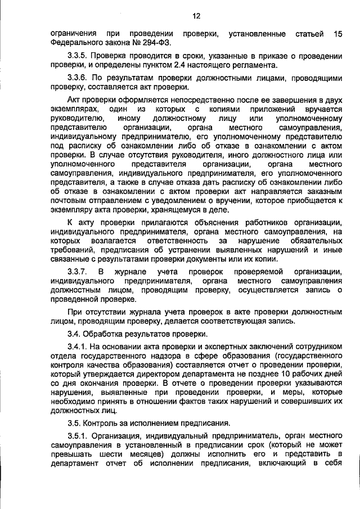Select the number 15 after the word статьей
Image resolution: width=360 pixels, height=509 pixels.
337,34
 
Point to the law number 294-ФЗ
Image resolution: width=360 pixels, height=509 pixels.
159,43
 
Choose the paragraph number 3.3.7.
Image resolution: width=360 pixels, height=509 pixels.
78,272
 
